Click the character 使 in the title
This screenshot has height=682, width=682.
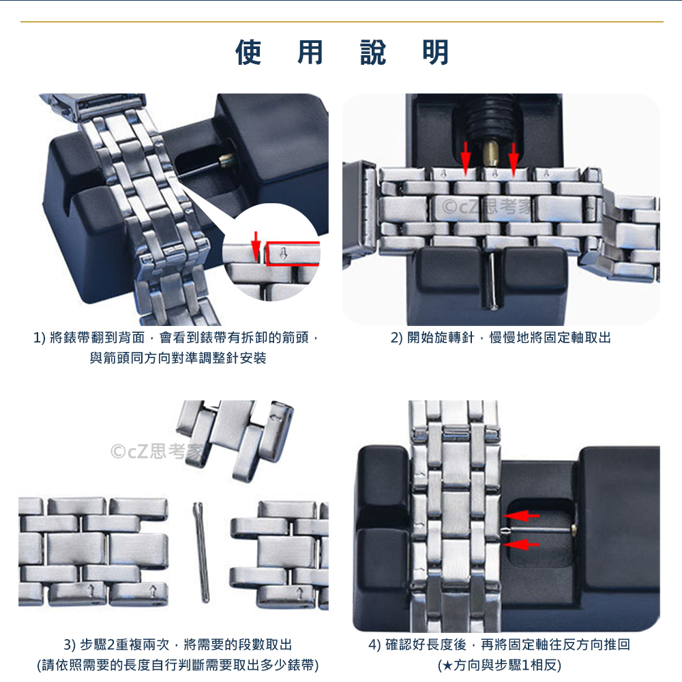coord(248,53)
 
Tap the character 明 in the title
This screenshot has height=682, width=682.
coord(435,53)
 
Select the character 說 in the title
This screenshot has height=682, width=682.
coord(373,53)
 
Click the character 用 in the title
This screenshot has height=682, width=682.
coord(310,53)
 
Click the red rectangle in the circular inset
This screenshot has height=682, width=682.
coord(293,254)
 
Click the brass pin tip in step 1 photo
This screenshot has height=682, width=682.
coord(227,160)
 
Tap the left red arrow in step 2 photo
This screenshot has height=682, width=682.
coord(466,159)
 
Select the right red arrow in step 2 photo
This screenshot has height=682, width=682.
coord(514,160)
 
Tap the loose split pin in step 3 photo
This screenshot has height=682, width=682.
coord(201,552)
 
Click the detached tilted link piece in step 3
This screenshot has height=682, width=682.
coord(235,439)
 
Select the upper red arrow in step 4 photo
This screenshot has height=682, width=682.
coord(522,516)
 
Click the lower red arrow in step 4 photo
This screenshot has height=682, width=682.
coord(521,544)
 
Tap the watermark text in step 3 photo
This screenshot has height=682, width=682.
coord(157,451)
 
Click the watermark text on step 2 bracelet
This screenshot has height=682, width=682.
coord(487,207)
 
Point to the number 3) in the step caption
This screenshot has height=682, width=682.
coord(70,645)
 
